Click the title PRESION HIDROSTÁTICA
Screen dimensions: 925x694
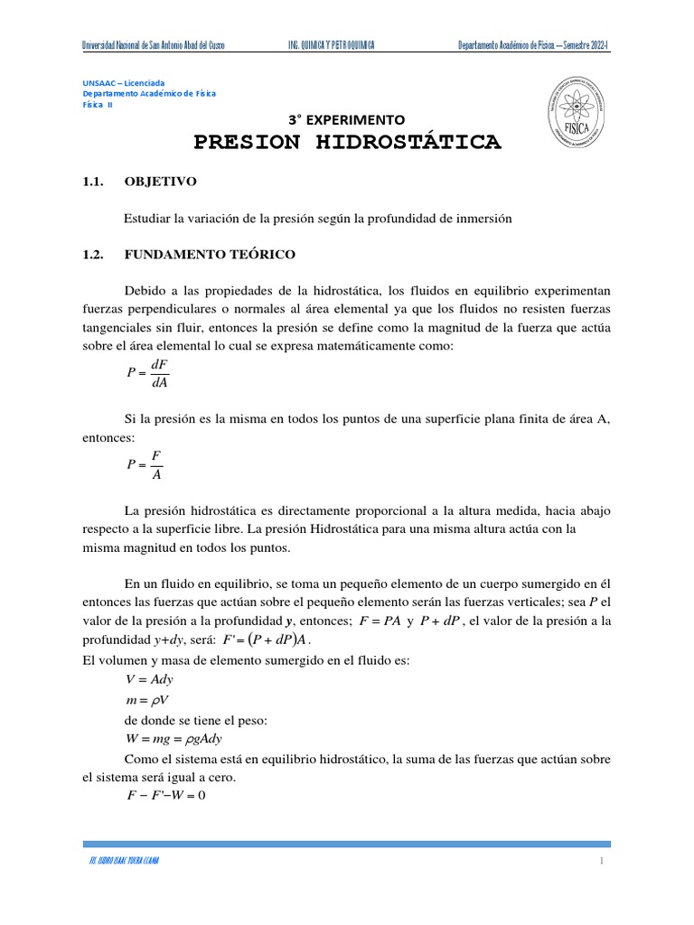347,143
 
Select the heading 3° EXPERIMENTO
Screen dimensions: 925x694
346,119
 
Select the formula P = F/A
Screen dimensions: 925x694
145,464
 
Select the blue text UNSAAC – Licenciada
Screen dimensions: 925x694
124,82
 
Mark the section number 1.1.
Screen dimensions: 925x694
93,182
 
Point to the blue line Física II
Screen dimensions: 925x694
98,104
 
